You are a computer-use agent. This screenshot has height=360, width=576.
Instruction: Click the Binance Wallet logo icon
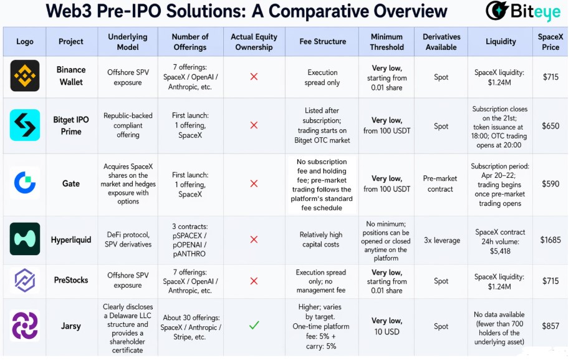click(x=25, y=76)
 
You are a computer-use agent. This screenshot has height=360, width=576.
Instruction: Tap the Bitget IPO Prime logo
click(x=25, y=125)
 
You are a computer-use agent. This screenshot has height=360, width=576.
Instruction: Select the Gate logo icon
click(x=25, y=183)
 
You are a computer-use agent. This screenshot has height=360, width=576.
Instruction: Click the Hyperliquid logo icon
click(x=25, y=239)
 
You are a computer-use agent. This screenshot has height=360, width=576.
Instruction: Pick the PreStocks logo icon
click(x=25, y=280)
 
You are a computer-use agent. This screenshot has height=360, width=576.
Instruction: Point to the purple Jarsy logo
click(x=25, y=326)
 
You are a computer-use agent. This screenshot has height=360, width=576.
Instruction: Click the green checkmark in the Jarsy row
click(x=254, y=325)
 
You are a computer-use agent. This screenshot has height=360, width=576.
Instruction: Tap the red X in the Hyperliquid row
click(x=254, y=240)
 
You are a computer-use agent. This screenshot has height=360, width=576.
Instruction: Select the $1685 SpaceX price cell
click(x=550, y=240)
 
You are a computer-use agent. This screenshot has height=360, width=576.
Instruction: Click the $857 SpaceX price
click(x=550, y=326)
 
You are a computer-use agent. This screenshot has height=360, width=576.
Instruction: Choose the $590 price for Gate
click(x=550, y=183)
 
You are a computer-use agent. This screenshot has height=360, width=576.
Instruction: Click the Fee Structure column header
click(x=322, y=42)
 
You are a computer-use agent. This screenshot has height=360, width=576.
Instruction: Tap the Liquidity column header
click(x=501, y=42)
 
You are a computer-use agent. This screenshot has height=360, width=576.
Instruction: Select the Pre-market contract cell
click(x=440, y=183)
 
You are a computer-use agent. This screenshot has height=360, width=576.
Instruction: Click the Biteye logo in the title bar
click(x=522, y=11)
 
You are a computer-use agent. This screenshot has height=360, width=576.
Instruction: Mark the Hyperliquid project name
click(x=71, y=240)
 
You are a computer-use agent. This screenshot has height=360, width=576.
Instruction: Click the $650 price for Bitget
click(x=550, y=126)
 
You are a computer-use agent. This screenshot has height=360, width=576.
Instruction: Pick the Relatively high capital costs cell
click(x=321, y=240)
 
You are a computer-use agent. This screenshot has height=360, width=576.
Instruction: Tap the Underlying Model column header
click(x=128, y=42)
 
